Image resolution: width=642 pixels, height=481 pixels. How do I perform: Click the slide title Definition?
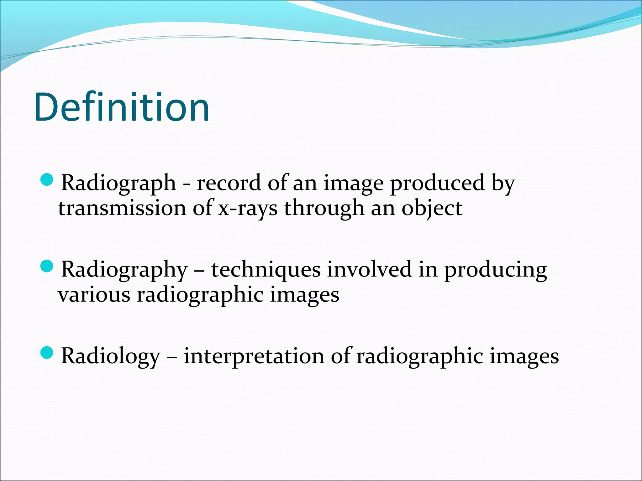(x=122, y=107)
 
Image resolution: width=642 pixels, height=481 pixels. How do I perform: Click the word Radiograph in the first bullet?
(x=118, y=183)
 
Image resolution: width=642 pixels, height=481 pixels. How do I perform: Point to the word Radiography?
(x=124, y=270)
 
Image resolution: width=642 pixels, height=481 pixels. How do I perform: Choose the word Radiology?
(x=110, y=357)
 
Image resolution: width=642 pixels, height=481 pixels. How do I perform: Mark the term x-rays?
(x=248, y=209)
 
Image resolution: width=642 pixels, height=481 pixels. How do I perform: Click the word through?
(x=324, y=209)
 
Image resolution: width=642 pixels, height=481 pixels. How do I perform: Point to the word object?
(x=432, y=209)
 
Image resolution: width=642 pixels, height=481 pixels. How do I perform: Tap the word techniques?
(x=266, y=270)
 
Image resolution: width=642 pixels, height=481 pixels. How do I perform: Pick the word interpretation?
(x=254, y=356)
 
